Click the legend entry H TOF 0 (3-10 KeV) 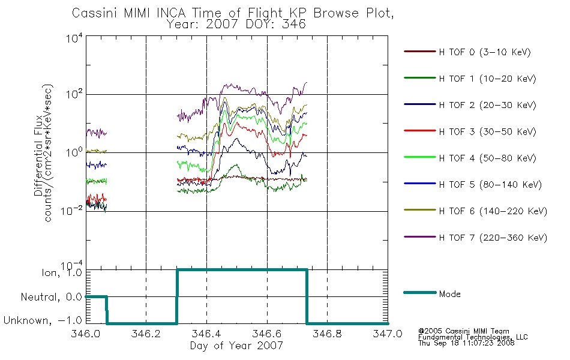(485, 52)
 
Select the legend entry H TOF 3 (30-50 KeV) (487, 131)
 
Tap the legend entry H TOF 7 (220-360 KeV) (493, 238)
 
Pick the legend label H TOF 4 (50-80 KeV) (487, 158)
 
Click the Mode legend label (449, 294)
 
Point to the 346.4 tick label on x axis (206, 334)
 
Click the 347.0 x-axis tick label (388, 334)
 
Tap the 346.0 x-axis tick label (86, 334)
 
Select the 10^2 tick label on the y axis (74, 94)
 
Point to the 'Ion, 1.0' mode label (62, 272)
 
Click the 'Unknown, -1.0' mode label (43, 320)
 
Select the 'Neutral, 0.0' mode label (52, 297)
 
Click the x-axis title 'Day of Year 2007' (236, 346)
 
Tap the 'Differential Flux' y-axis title (38, 155)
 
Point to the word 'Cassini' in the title (95, 13)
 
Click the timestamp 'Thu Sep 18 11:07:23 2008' (466, 343)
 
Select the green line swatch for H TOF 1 (420, 78)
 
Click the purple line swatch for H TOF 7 (420, 237)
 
